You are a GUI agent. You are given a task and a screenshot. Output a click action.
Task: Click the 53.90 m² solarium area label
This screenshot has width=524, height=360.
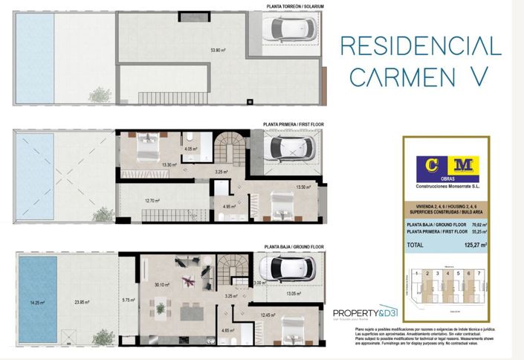coord(218,51)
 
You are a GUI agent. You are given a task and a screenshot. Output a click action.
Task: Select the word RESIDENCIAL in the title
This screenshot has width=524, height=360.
coord(421,46)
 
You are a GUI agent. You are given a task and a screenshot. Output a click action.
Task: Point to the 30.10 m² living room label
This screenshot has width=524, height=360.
coord(161,283)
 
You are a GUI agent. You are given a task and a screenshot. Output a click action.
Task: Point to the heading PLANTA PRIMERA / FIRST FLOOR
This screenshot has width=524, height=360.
coord(294,125)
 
